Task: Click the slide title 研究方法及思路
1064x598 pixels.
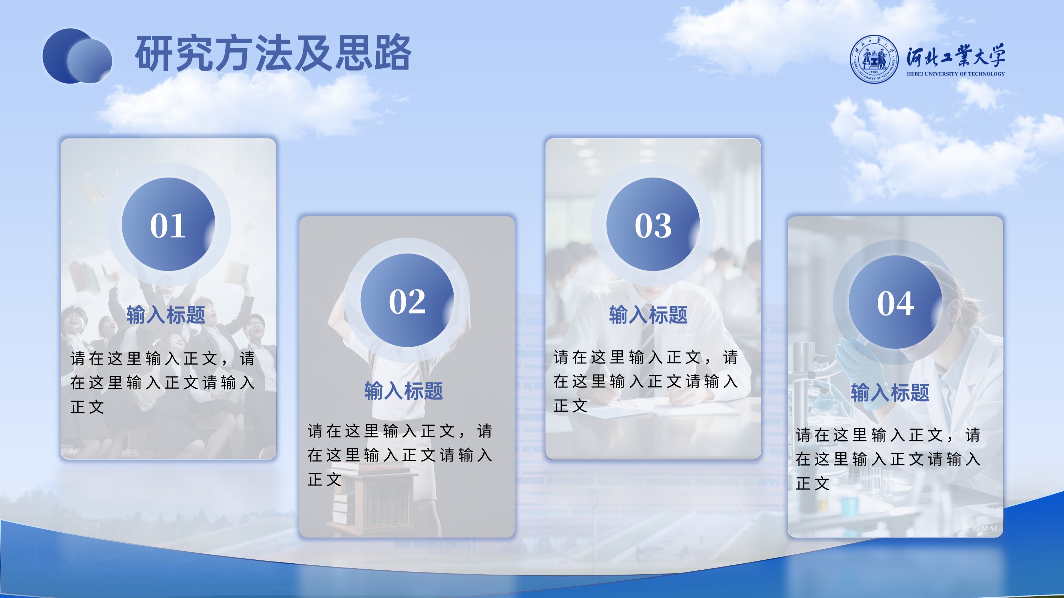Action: pos(273,53)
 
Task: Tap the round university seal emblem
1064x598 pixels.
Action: pos(874,58)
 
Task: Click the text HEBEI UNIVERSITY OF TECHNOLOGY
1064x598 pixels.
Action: pos(956,74)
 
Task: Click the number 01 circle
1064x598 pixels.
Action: pos(168,224)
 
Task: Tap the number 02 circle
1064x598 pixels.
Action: pos(407,300)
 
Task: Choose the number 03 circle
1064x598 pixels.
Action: pos(653,224)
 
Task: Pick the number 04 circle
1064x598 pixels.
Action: pos(896,302)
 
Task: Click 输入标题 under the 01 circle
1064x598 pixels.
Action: pos(166,315)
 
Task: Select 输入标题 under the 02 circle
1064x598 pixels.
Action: pos(404,391)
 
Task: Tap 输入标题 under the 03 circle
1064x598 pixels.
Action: pos(648,315)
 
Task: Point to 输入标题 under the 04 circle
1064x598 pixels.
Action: pos(890,392)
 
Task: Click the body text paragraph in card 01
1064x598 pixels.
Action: pos(163,382)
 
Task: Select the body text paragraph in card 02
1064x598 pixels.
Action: pos(400,455)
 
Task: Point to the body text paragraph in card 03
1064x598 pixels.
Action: pos(645,381)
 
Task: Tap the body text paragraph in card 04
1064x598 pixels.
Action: pos(888,458)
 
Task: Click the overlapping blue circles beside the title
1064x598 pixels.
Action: pos(77,56)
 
